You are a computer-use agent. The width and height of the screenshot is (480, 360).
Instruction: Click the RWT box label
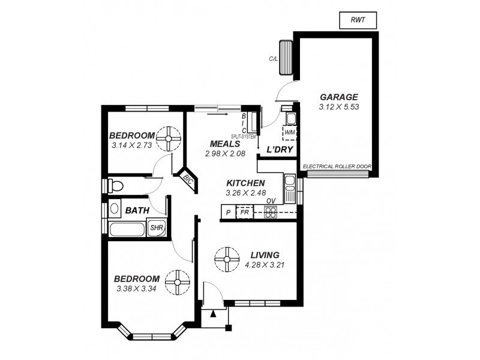coord(358,20)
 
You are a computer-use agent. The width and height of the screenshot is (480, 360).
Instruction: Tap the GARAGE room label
coord(338,97)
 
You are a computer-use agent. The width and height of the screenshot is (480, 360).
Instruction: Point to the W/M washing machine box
coord(290,132)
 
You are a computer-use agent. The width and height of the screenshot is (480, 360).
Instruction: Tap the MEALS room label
coord(225,144)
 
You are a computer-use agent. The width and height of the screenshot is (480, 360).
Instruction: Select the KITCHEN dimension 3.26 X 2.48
coord(245,193)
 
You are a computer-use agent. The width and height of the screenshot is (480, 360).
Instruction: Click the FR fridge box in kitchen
coord(245,212)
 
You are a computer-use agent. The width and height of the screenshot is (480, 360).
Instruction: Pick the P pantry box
coord(228,212)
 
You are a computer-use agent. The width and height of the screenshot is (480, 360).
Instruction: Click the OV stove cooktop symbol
coord(271,211)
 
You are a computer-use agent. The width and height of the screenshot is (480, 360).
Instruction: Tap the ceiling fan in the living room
coord(227,259)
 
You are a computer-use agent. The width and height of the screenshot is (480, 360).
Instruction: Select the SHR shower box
coord(157,228)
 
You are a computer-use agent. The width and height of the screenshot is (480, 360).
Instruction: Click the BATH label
coord(137,211)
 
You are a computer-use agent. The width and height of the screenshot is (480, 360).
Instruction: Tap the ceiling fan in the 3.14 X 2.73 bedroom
coord(169,139)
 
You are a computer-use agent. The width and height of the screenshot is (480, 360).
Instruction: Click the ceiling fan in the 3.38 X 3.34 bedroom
coord(178,282)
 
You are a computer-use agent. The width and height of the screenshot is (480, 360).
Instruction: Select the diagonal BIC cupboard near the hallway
coord(188,180)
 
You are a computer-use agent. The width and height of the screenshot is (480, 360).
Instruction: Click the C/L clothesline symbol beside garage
coord(284,57)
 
